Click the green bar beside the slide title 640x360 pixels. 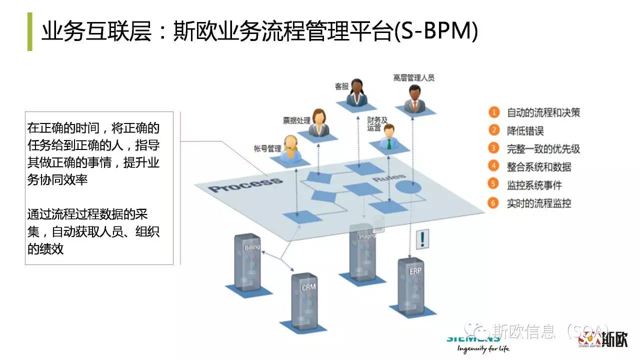click(29, 31)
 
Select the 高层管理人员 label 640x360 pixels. click(413, 77)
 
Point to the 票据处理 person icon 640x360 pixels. click(318, 122)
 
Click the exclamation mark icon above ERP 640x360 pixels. click(423, 238)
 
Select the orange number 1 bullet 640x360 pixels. click(494, 112)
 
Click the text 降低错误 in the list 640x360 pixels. click(525, 131)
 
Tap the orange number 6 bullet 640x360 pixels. click(494, 203)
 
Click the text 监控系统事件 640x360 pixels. click(534, 185)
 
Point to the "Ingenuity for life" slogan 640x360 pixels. click(478, 348)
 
